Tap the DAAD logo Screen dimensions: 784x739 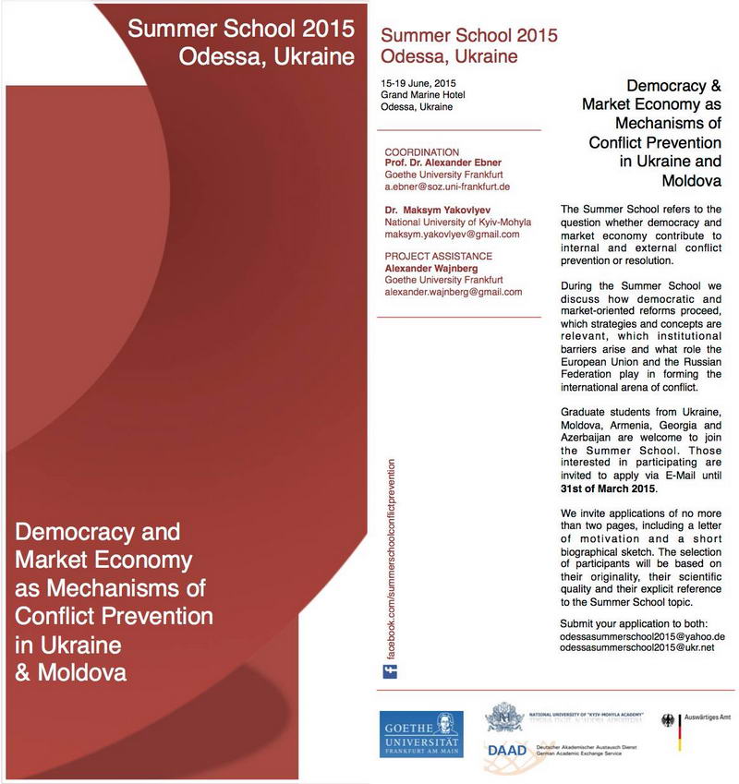point(506,749)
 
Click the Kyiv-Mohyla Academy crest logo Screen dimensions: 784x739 point(505,717)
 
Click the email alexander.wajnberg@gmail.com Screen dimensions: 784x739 point(453,292)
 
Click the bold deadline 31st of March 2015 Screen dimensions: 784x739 point(607,488)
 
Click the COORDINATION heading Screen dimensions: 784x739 point(422,152)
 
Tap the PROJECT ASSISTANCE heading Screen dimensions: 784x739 point(438,256)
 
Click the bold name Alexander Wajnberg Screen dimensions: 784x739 point(430,268)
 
